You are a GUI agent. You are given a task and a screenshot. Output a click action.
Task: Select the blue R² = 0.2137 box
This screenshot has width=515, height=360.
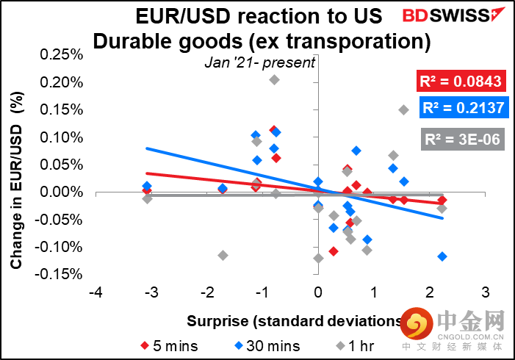click(462, 109)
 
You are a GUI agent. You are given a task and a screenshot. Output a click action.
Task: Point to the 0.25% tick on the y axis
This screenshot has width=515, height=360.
click(65, 55)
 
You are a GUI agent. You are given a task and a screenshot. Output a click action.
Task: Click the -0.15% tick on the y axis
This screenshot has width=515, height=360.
click(64, 274)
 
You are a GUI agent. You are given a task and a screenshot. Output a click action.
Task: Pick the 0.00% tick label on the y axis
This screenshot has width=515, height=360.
click(65, 192)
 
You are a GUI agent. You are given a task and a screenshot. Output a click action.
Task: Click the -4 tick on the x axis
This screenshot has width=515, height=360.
click(95, 292)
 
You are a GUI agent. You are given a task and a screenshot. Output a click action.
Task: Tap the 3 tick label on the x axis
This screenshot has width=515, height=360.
click(484, 292)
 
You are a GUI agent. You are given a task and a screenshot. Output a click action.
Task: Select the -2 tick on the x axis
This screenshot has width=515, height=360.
click(206, 292)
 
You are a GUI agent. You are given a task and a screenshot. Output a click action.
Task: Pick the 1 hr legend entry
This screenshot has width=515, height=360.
click(345, 345)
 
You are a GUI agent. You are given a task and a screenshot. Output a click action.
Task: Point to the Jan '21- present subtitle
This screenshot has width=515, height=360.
click(259, 62)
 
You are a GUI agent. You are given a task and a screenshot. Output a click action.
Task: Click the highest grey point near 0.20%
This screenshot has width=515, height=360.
click(274, 79)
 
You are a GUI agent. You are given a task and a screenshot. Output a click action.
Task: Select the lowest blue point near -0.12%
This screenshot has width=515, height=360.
click(442, 256)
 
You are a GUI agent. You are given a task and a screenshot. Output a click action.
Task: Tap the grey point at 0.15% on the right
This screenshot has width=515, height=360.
click(403, 109)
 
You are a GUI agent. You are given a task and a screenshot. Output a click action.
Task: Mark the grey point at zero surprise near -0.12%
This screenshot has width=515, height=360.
click(318, 258)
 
